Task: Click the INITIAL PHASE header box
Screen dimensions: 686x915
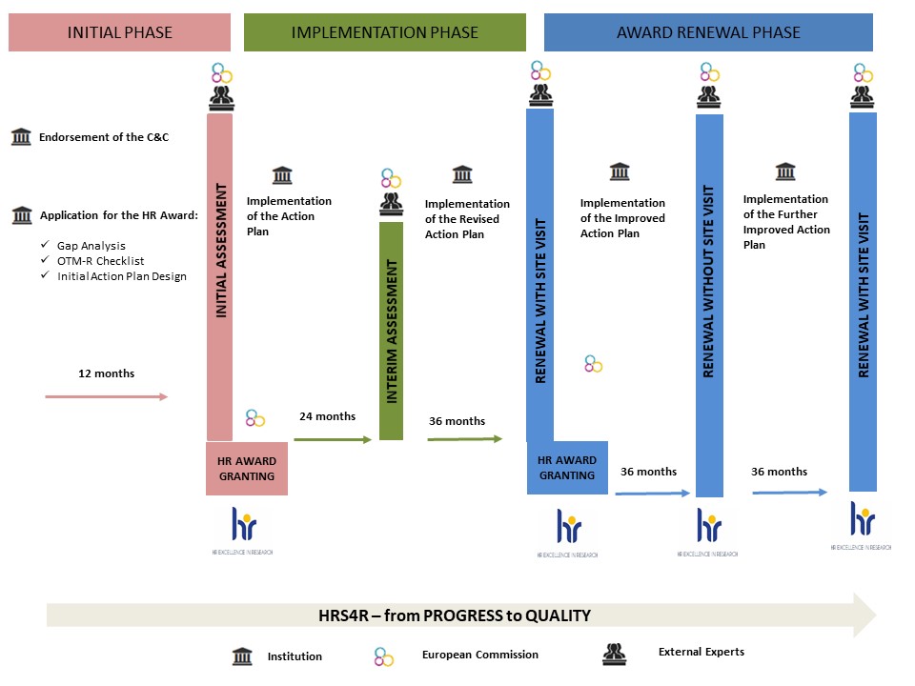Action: [x=119, y=32]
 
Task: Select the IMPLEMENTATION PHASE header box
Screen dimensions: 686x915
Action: [x=384, y=32]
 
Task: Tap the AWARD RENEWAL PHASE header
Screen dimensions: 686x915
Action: [x=708, y=32]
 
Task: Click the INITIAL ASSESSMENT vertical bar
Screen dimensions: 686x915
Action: [x=220, y=276]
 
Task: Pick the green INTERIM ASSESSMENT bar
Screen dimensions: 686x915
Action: [x=391, y=330]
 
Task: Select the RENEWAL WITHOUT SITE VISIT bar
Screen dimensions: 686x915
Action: [x=709, y=305]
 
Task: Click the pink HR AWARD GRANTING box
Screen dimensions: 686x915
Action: [x=247, y=469]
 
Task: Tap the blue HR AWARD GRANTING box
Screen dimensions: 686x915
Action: [x=567, y=468]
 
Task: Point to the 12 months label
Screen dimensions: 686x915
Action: [x=106, y=373]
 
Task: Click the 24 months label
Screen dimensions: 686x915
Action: [x=327, y=416]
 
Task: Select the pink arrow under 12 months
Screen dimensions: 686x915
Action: [x=106, y=396]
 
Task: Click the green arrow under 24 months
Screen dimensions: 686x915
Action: [x=332, y=439]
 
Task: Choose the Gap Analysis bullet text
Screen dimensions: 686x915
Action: [x=91, y=246]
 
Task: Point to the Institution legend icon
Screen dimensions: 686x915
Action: [x=243, y=656]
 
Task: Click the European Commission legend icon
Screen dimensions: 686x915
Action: [x=383, y=656]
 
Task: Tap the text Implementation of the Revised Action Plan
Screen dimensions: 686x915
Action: [x=467, y=219]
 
